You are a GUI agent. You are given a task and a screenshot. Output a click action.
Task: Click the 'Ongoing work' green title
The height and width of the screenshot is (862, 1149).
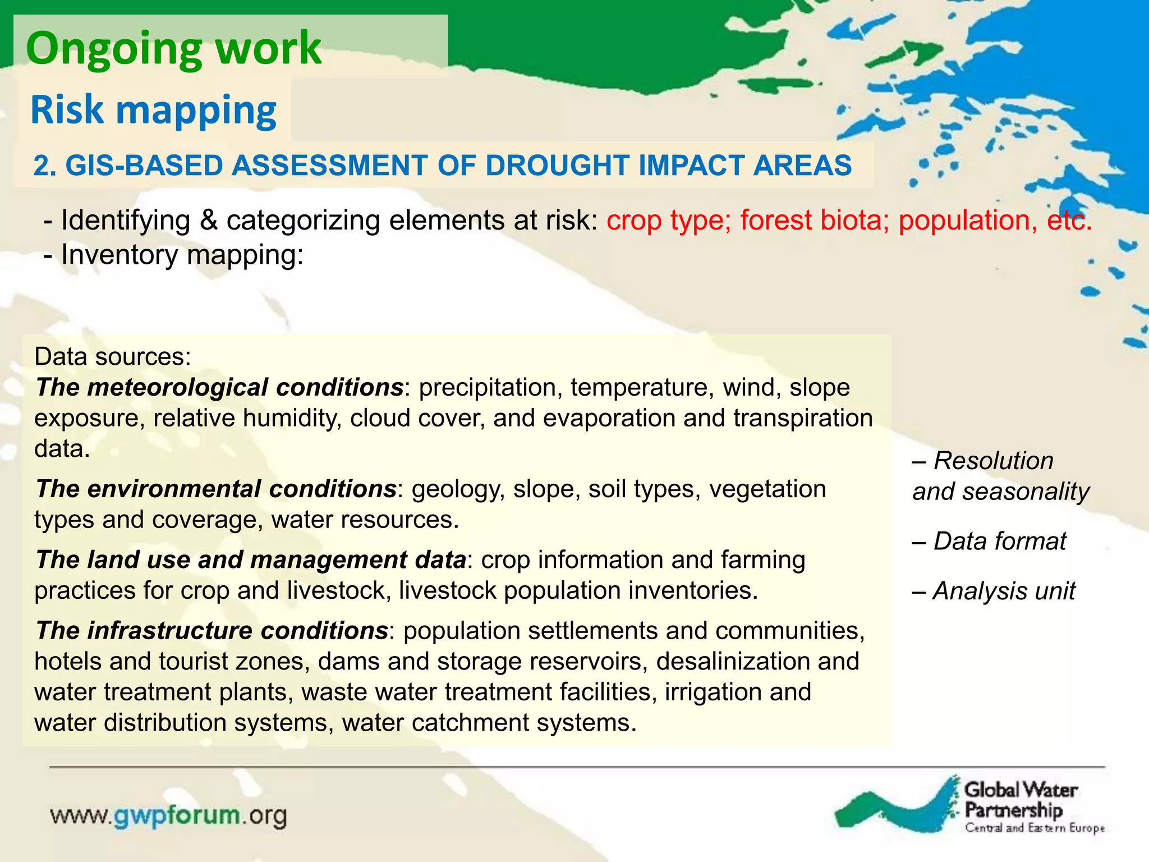point(173,49)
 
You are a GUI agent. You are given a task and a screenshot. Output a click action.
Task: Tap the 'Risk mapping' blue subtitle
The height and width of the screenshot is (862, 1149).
point(153,110)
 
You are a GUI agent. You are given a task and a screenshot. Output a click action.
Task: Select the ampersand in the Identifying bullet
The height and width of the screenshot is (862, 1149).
point(208,220)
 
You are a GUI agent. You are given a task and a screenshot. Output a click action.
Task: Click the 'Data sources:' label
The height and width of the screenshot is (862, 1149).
point(113,357)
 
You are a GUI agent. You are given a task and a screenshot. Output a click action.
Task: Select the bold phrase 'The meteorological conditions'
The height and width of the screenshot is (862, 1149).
point(219,388)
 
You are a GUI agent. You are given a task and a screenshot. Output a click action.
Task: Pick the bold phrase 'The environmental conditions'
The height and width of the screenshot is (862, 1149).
point(216,489)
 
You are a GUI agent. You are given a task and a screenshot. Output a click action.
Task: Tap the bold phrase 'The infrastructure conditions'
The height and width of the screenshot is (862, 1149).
point(212,631)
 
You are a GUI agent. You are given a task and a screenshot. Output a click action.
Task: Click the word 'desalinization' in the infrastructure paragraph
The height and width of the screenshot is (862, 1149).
point(733,661)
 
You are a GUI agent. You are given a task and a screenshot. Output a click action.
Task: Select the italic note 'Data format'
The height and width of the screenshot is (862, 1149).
point(999,542)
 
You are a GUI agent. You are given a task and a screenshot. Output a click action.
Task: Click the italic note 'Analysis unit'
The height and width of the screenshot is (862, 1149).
point(1004,592)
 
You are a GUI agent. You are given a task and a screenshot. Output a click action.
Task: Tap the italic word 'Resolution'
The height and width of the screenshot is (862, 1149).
point(993,461)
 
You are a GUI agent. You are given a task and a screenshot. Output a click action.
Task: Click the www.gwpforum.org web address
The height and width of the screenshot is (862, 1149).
point(169,815)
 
